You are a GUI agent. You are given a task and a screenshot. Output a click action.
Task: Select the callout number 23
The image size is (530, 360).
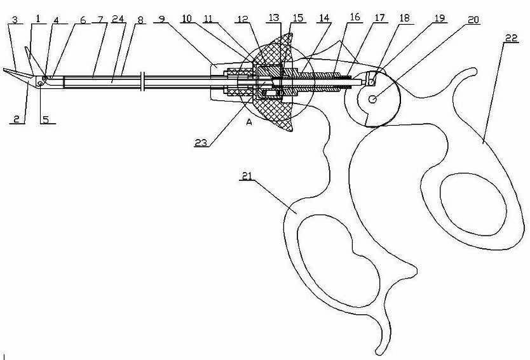tap(201, 143)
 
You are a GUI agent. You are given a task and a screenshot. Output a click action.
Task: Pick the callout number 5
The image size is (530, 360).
tap(46, 119)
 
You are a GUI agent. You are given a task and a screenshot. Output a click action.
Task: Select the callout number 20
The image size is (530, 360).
tap(474, 20)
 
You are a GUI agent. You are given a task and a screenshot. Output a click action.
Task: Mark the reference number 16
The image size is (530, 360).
tap(354, 18)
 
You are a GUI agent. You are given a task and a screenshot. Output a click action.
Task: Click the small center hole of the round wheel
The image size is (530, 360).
tap(373, 98)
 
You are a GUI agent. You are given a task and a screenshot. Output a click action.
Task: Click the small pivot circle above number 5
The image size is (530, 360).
tap(40, 84)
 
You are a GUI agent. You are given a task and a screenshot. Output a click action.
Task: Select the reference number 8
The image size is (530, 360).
tap(140, 20)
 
